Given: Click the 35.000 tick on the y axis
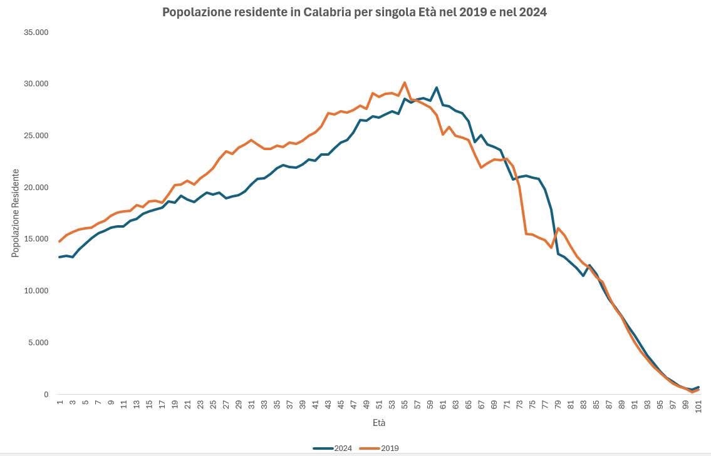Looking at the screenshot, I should point(35,32).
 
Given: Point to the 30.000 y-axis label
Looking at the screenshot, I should point(35,84).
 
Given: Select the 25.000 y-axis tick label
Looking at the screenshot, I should point(35,136).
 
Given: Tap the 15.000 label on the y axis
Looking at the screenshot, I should point(35,239).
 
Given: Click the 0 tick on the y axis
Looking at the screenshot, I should point(46,395).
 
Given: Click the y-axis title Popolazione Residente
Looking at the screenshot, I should point(15,213).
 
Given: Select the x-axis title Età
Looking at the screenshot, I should point(378,423).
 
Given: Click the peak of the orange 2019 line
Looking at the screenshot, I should point(405,83).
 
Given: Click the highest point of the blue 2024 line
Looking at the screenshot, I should point(437,88).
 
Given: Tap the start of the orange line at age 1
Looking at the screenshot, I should point(60,241).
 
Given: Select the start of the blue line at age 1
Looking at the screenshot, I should point(60,257).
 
